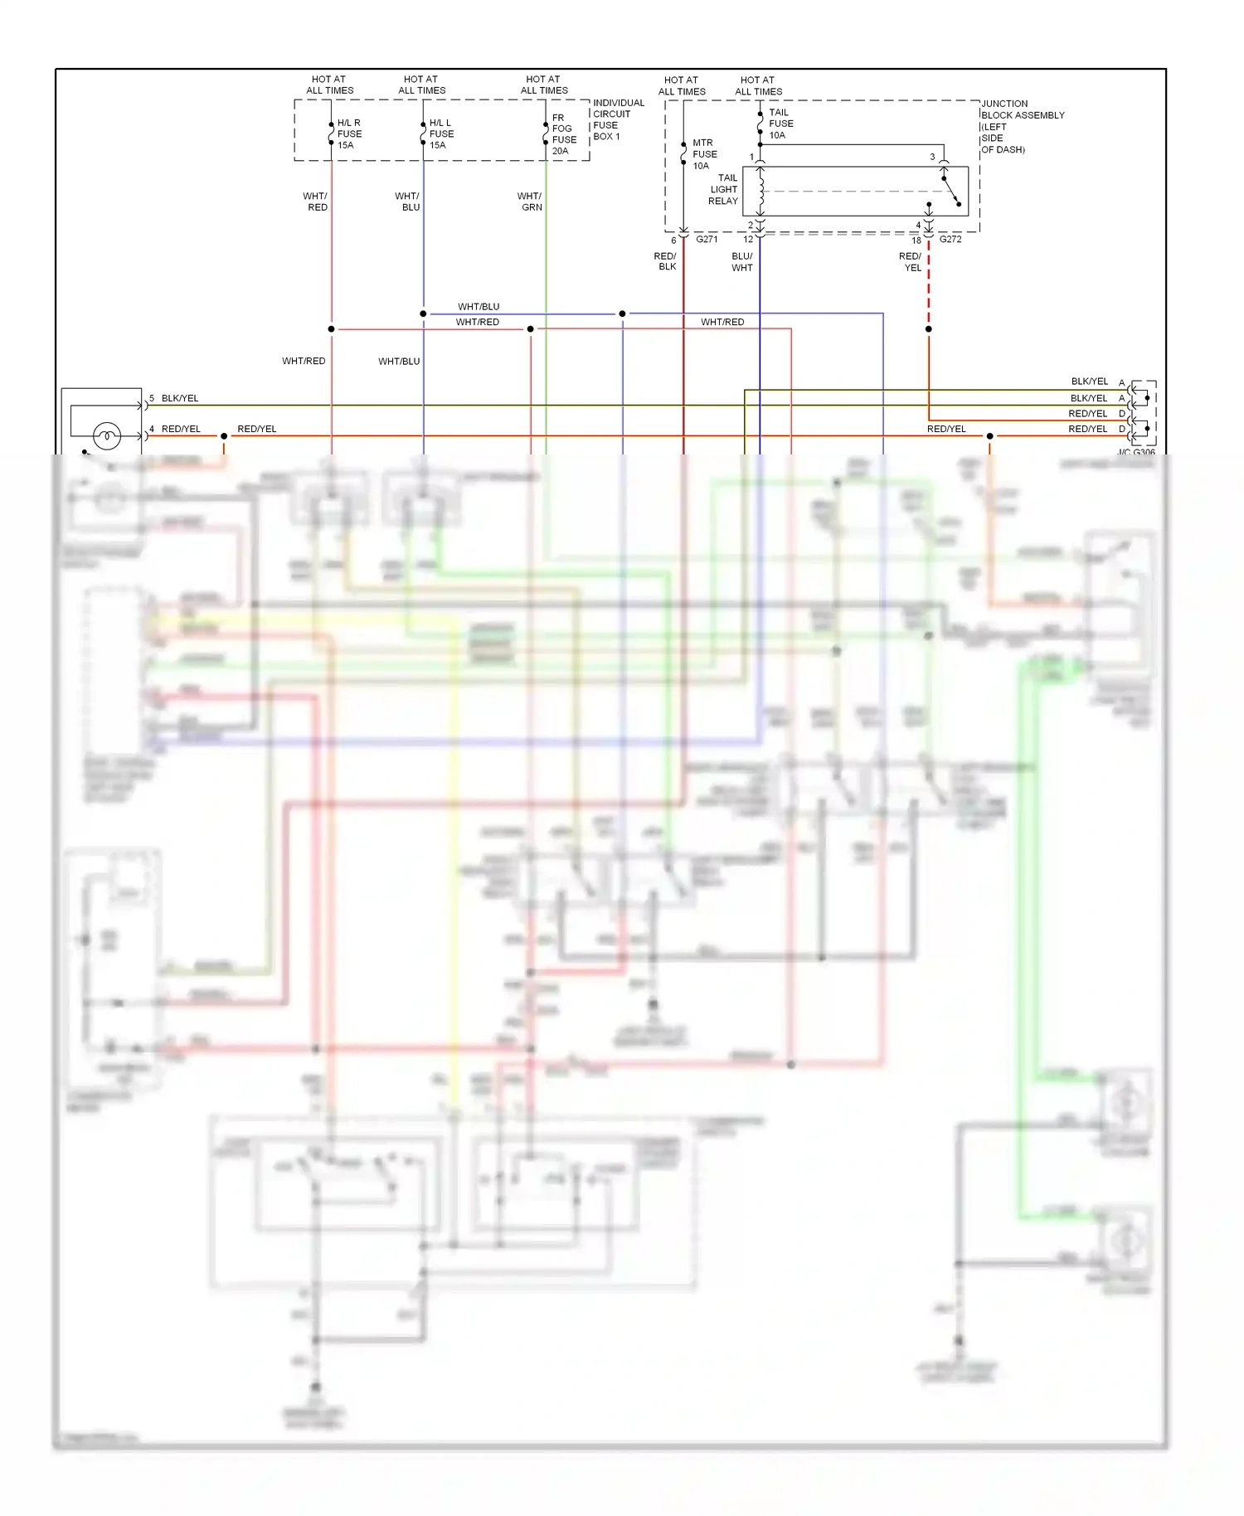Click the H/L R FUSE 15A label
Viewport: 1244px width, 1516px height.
point(349,134)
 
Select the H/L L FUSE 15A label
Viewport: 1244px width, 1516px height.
point(441,134)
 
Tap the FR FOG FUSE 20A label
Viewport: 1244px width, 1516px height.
point(564,134)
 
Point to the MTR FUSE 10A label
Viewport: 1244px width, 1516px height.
point(704,154)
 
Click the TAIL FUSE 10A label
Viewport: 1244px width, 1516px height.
point(780,124)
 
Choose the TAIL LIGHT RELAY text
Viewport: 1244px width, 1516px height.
point(723,189)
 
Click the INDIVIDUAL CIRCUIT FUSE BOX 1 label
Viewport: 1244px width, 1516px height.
point(618,119)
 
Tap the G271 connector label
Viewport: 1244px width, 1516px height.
point(707,239)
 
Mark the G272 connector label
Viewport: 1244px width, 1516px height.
point(950,239)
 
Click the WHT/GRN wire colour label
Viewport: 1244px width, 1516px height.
point(530,202)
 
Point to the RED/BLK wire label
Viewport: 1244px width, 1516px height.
point(665,261)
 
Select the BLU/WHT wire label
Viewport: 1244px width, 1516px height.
point(742,262)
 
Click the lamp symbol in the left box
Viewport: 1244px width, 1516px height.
point(107,435)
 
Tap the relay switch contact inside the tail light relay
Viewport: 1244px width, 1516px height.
point(950,190)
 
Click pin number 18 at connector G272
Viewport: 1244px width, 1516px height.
point(916,241)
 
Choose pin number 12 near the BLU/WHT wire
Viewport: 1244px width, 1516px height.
point(748,240)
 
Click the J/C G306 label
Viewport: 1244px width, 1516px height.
point(1136,452)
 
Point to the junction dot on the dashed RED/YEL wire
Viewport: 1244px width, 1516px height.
point(929,329)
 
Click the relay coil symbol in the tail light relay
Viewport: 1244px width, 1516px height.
point(760,191)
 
